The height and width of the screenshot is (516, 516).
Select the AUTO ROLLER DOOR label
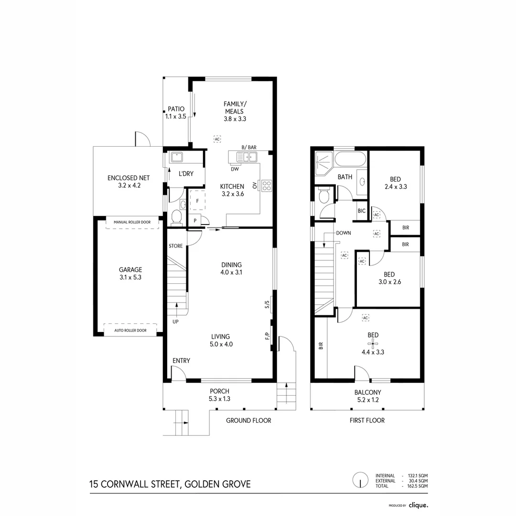click(x=130, y=331)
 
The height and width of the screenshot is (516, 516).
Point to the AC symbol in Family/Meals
click(x=217, y=139)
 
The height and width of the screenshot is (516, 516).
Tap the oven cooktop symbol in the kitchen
click(x=267, y=185)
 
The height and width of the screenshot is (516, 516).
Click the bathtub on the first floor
click(x=350, y=159)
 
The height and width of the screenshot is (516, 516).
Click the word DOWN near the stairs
click(x=344, y=234)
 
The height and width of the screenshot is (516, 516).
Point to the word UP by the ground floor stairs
click(x=176, y=322)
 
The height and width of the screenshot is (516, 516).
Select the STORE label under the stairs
click(x=176, y=246)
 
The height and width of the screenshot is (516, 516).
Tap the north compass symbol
click(x=359, y=480)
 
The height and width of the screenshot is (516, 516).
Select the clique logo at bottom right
click(x=419, y=505)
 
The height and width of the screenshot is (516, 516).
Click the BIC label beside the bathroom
click(x=361, y=211)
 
